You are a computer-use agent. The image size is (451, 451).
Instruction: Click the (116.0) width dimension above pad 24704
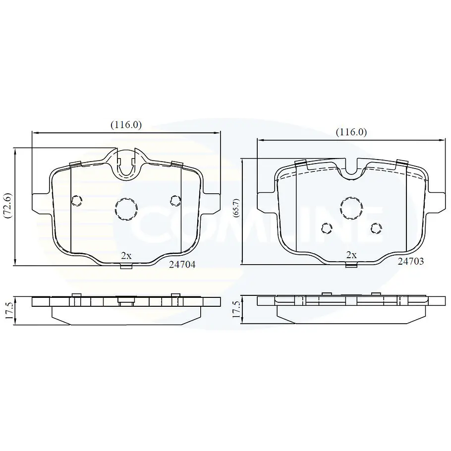click(126, 125)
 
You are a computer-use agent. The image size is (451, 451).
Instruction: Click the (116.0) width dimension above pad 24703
click(351, 132)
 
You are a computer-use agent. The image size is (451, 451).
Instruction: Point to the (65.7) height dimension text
click(236, 208)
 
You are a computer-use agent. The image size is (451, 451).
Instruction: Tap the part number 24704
click(182, 264)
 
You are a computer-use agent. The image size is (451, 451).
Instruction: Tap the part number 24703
click(411, 261)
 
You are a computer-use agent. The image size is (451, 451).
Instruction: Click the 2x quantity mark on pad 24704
click(126, 256)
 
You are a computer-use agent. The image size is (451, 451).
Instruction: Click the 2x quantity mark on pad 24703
click(351, 255)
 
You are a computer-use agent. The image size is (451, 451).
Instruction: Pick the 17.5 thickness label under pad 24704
click(8, 310)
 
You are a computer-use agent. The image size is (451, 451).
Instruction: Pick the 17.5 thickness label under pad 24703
click(236, 310)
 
